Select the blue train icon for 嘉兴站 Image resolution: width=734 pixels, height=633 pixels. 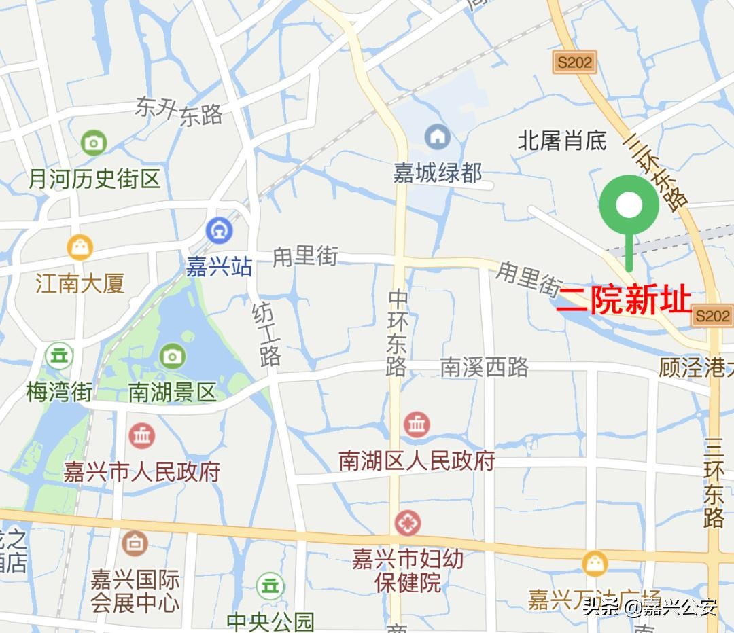pos(219,231)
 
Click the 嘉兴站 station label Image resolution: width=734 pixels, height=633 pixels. pos(219,266)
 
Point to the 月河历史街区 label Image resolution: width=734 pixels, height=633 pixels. pos(94,179)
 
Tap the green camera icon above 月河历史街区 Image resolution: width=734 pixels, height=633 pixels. pos(94,143)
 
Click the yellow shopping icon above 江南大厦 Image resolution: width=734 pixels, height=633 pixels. pos(80,247)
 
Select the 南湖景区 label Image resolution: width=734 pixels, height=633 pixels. pos(172,392)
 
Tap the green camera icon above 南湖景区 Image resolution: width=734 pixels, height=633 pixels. pos(172,356)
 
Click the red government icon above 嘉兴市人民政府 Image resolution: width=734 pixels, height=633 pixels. pos(142,435)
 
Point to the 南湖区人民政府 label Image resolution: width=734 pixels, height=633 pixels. pos(417,461)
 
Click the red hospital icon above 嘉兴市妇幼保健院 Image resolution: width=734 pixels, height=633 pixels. pos(408,523)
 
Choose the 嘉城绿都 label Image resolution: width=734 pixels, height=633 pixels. pos(438,173)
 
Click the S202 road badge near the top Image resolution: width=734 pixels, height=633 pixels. pos(574,62)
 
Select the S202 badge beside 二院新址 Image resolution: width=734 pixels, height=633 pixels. pos(712,316)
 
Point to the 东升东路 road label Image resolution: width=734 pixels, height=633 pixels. pos(179,111)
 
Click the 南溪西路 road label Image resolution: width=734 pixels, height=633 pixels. pos(484,367)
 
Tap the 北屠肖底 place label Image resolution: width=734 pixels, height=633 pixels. pos(562,141)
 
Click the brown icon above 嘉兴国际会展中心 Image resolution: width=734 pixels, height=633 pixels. pos(135,543)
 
